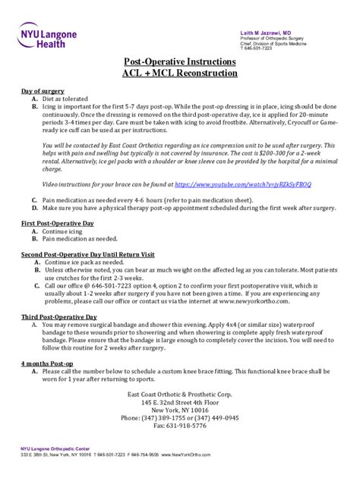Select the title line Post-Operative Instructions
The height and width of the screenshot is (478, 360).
pyautogui.click(x=179, y=61)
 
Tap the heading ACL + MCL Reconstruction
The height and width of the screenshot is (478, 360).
pyautogui.click(x=179, y=74)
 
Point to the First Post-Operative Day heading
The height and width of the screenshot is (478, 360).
pyautogui.click(x=57, y=223)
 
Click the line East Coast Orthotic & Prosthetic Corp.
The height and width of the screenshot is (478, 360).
pyautogui.click(x=179, y=394)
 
